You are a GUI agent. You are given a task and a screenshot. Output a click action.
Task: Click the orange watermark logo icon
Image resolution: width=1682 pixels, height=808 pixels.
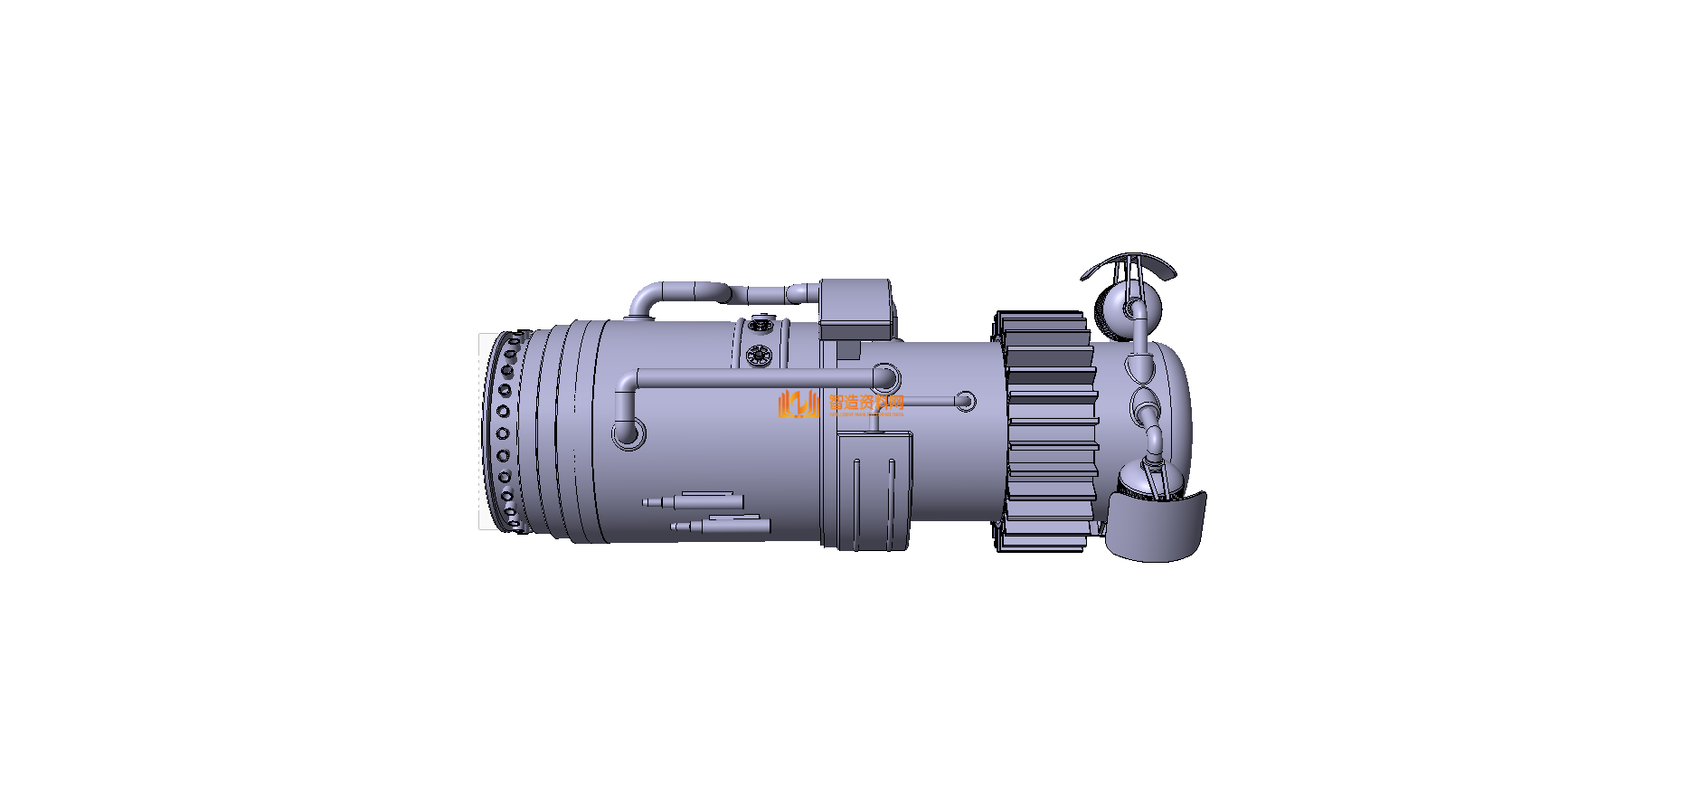point(798,404)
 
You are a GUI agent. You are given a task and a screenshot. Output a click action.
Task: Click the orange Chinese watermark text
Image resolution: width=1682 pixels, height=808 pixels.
point(865,403)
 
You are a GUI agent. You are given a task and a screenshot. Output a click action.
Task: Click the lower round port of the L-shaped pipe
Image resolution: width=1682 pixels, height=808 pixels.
point(628,433)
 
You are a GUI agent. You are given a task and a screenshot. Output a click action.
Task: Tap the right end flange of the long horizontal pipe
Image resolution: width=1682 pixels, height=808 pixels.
point(885,377)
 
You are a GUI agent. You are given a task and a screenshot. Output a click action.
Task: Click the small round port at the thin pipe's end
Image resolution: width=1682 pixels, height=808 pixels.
point(965,401)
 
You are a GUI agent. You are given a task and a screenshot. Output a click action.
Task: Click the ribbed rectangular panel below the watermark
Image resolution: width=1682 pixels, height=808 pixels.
point(873,491)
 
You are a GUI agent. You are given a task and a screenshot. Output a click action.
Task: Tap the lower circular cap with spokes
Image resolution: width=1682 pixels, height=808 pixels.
point(760,356)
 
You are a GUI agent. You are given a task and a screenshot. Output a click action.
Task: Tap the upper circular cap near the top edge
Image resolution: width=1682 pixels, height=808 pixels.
point(760,323)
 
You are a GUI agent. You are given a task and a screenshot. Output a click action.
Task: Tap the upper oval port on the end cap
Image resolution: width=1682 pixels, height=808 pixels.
point(1139,366)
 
